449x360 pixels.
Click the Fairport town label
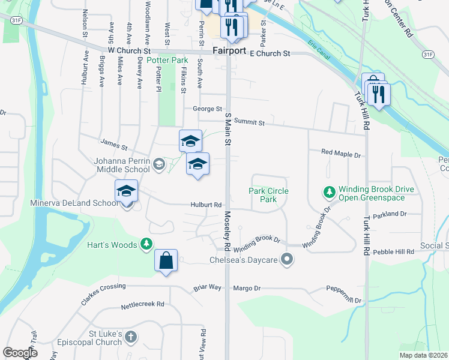click(229, 51)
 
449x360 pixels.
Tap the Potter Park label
click(167, 61)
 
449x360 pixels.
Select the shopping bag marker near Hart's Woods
click(166, 261)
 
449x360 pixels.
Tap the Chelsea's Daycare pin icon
click(288, 259)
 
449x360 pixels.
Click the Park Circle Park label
click(268, 195)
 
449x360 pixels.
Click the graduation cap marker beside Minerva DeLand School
click(127, 191)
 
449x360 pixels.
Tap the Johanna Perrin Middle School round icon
click(159, 164)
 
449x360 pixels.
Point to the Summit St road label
click(249, 122)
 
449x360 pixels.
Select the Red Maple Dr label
click(341, 154)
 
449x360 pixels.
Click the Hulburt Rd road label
click(207, 205)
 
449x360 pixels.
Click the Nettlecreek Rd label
click(142, 304)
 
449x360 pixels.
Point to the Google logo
click(20, 353)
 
